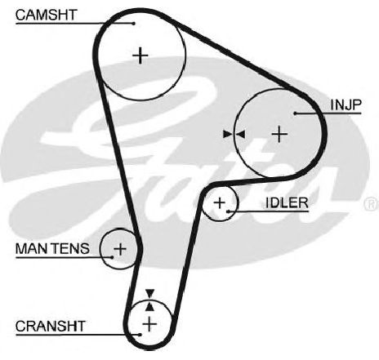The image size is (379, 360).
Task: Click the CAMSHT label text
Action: pyautogui.click(x=47, y=15)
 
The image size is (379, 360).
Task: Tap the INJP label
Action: pyautogui.click(x=346, y=104)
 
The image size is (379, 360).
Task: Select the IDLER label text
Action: pyautogui.click(x=287, y=202)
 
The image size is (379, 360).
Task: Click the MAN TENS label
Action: pyautogui.click(x=52, y=248)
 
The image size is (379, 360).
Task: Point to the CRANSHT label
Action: pyautogui.click(x=51, y=326)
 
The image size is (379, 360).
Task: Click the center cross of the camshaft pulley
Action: pyautogui.click(x=140, y=56)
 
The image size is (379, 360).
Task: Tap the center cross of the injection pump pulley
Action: pyautogui.click(x=279, y=134)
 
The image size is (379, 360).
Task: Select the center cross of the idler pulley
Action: pyautogui.click(x=220, y=202)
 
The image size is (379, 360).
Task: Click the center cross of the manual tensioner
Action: pyautogui.click(x=120, y=249)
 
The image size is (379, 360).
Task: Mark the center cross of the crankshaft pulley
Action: pyautogui.click(x=149, y=324)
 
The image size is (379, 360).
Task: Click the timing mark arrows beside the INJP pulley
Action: pyautogui.click(x=234, y=134)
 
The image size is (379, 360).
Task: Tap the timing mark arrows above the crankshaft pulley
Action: pyautogui.click(x=149, y=300)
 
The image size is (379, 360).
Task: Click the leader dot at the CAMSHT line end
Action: pyautogui.click(x=133, y=24)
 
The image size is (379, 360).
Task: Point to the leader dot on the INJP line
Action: pyautogui.click(x=295, y=113)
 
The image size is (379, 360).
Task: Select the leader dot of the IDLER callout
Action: pyautogui.click(x=228, y=211)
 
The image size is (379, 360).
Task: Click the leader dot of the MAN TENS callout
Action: pyautogui.click(x=112, y=257)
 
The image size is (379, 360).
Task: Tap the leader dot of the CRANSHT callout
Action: pyautogui.click(x=140, y=335)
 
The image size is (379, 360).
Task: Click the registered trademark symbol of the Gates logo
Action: pyautogui.click(x=372, y=203)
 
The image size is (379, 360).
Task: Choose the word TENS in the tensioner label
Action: pyautogui.click(x=70, y=248)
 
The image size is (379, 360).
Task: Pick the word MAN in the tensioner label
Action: pyautogui.click(x=32, y=248)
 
